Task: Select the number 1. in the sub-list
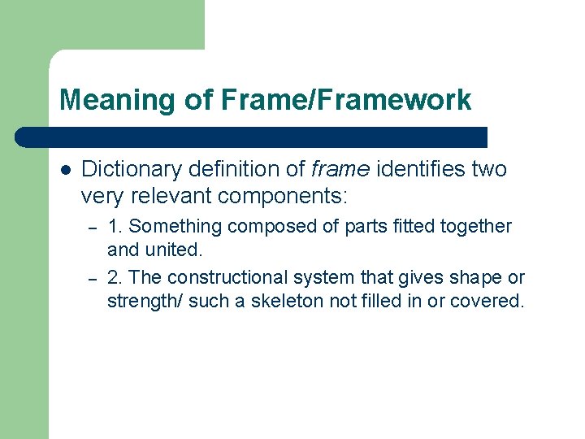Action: coord(115,227)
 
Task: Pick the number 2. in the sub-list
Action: coord(115,278)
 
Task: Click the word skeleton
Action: coord(284,301)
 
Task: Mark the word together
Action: coord(473,227)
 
